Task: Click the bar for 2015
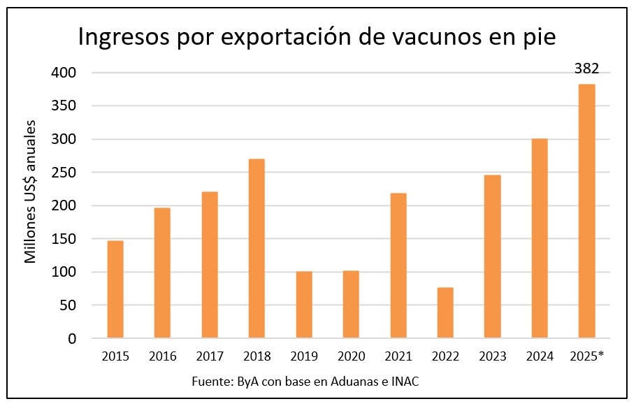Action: pyautogui.click(x=115, y=289)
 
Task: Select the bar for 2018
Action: pyautogui.click(x=256, y=249)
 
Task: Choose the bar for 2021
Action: pyautogui.click(x=398, y=266)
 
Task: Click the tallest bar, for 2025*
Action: pyautogui.click(x=586, y=211)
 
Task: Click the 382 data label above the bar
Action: pyautogui.click(x=586, y=68)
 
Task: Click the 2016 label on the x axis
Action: pyautogui.click(x=162, y=356)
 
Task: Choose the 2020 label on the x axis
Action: pyautogui.click(x=351, y=356)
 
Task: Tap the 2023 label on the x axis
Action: pyautogui.click(x=492, y=356)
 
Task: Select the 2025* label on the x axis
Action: pyautogui.click(x=588, y=356)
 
